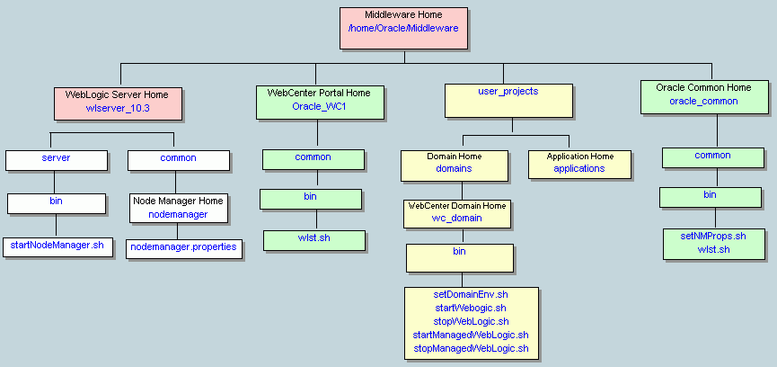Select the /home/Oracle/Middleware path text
click(403, 29)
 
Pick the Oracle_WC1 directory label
click(313, 106)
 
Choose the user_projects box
click(509, 101)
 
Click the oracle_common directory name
click(703, 102)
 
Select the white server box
click(56, 159)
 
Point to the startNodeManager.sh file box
click(57, 246)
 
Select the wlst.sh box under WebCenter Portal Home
click(314, 239)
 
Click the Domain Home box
click(454, 163)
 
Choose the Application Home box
click(578, 163)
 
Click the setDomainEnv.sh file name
click(471, 295)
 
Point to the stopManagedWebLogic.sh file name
click(471, 348)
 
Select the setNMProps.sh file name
click(715, 236)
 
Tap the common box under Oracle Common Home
click(712, 157)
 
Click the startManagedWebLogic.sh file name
click(471, 335)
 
